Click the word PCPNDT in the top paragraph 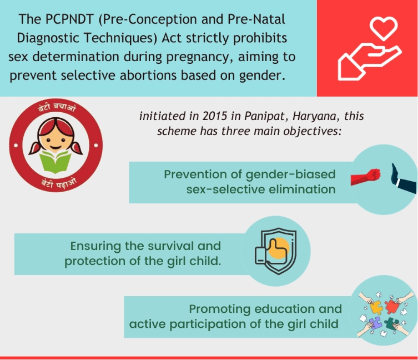pyautogui.click(x=69, y=19)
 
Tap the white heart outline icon pyautogui.click(x=384, y=28)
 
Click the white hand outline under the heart pyautogui.click(x=370, y=62)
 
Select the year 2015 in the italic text pyautogui.click(x=215, y=116)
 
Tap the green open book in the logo pyautogui.click(x=56, y=162)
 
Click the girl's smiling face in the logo pyautogui.click(x=56, y=142)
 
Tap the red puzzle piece pyautogui.click(x=391, y=306)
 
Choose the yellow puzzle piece pyautogui.click(x=376, y=307)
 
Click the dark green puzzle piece pyautogui.click(x=391, y=323)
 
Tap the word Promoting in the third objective pyautogui.click(x=220, y=309)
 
